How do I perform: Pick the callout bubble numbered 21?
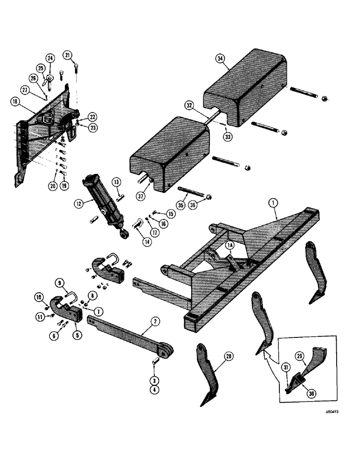tap(69, 56)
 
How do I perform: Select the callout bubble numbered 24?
tap(50, 59)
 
